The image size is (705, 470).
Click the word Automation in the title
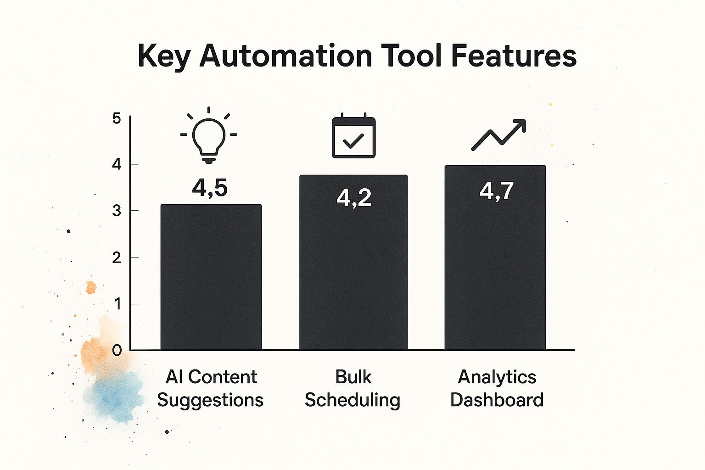(x=285, y=56)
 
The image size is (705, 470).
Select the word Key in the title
(x=164, y=57)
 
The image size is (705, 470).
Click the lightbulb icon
(x=209, y=136)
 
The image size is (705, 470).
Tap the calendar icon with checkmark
(x=353, y=137)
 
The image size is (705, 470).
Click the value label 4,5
(x=210, y=188)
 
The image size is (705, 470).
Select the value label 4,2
(x=354, y=198)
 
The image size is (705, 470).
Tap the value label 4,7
(x=497, y=190)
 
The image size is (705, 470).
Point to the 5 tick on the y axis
(x=117, y=118)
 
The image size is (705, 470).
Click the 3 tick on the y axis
(x=117, y=211)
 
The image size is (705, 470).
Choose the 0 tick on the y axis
(x=117, y=351)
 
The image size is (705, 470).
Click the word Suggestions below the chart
(x=210, y=400)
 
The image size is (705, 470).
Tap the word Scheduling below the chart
(x=352, y=400)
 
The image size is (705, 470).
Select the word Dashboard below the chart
(x=497, y=400)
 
